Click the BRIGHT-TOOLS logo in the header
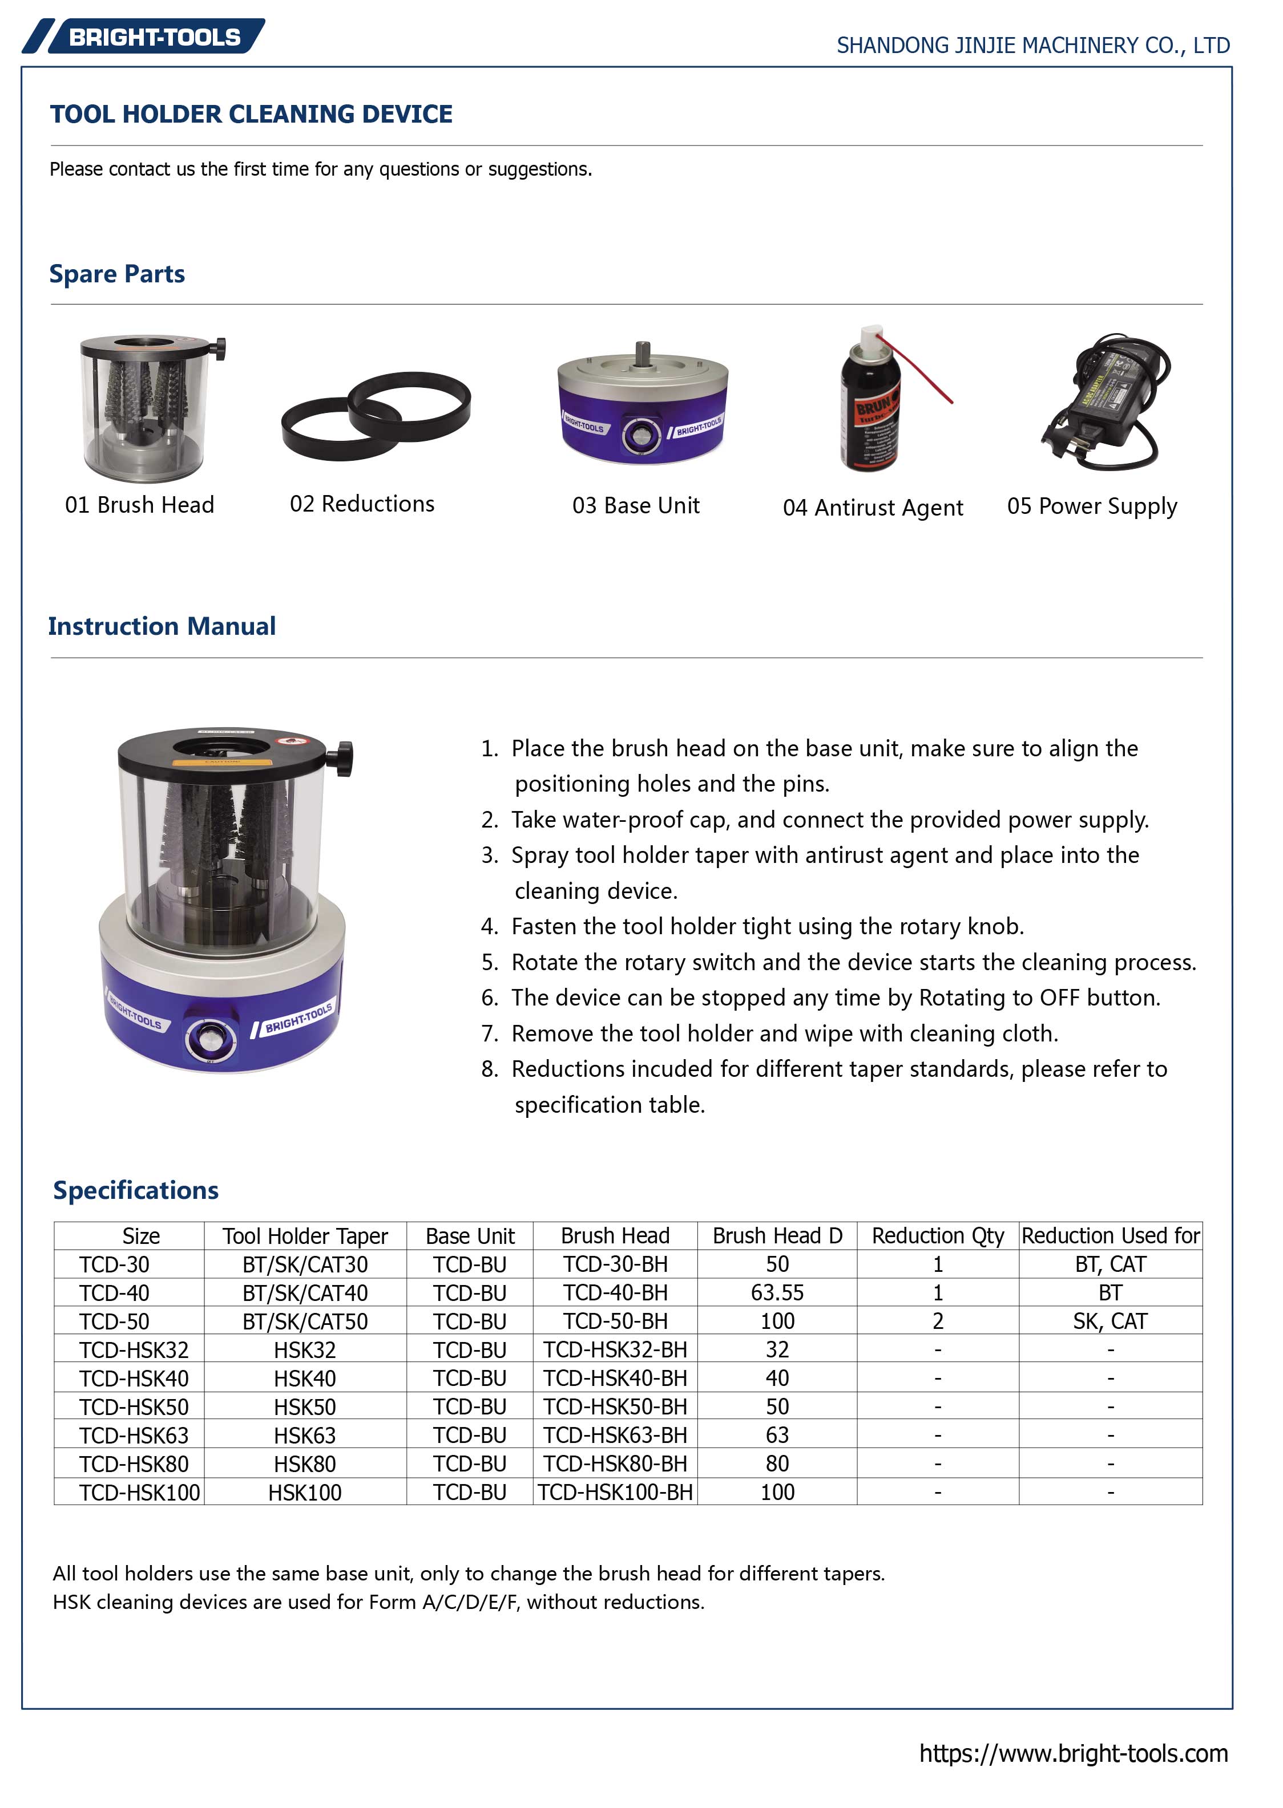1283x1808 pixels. pos(144,37)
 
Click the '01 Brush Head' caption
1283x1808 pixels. pos(140,505)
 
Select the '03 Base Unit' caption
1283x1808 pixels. pos(636,505)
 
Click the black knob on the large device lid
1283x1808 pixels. pos(344,758)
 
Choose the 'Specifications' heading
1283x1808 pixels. pos(136,1190)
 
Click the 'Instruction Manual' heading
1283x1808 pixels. pos(162,626)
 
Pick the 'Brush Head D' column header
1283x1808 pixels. pos(777,1235)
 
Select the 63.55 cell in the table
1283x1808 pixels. pos(777,1292)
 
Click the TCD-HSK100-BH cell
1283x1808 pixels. pos(615,1492)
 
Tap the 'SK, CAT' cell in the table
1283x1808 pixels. pos(1110,1321)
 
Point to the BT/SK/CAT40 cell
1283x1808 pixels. pos(305,1292)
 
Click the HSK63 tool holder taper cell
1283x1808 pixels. pos(305,1436)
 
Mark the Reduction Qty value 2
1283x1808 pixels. pos(938,1321)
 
